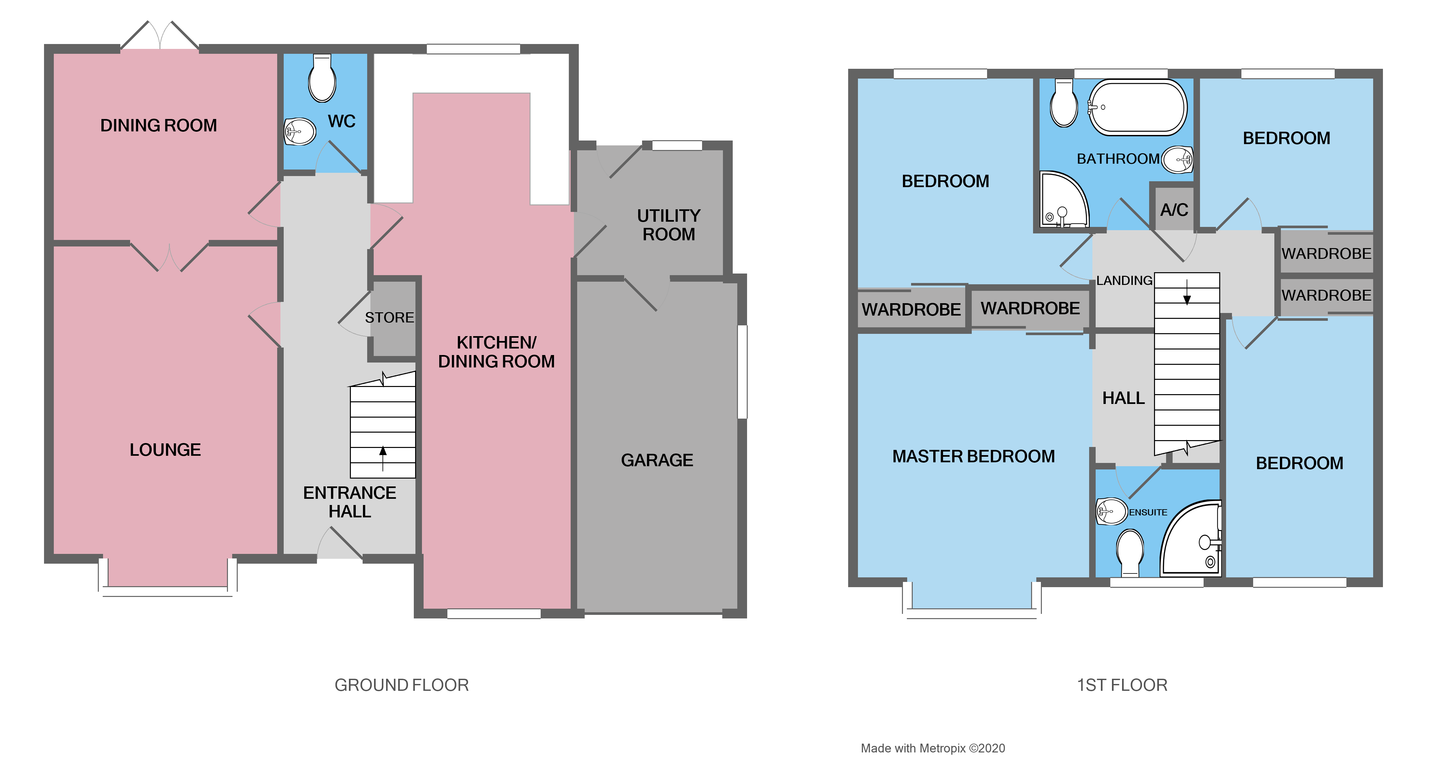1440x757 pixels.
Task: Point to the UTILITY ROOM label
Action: coord(668,225)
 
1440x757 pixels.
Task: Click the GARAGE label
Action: coord(657,460)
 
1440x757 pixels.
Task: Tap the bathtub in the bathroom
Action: coord(1138,107)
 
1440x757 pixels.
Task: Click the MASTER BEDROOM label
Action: coord(973,456)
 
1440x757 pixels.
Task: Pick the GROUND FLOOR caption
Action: coord(401,685)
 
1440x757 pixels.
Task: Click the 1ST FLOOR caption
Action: coord(1122,685)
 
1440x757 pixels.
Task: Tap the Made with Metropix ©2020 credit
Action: coord(932,748)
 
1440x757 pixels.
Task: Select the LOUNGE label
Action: coord(165,450)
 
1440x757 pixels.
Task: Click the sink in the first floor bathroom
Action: coord(1177,160)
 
